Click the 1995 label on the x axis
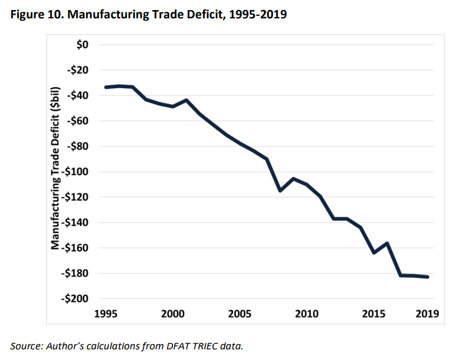click(x=106, y=313)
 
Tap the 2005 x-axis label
click(x=240, y=313)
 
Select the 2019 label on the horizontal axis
click(x=427, y=313)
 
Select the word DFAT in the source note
click(x=162, y=345)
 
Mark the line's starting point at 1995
click(x=106, y=87)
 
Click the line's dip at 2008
click(x=280, y=191)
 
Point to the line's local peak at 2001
click(x=187, y=100)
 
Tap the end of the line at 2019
click(x=427, y=277)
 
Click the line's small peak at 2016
click(x=387, y=243)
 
